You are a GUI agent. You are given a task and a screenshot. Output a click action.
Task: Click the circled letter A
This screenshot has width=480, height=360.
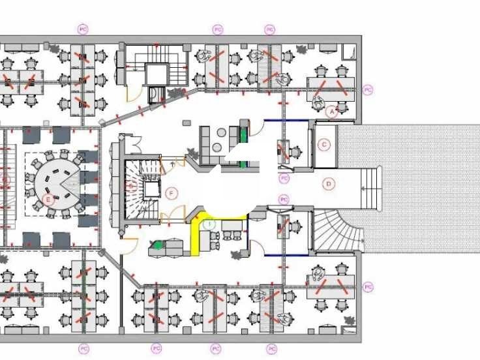pyautogui.click(x=331, y=112)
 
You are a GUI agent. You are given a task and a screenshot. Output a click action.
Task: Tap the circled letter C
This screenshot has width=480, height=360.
pyautogui.click(x=323, y=144)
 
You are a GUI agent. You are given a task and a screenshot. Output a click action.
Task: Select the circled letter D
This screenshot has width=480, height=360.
pyautogui.click(x=329, y=184)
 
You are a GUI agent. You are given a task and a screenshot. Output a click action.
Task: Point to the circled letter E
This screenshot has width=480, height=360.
pyautogui.click(x=47, y=198)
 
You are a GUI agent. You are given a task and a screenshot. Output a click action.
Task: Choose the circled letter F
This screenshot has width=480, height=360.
pyautogui.click(x=172, y=193)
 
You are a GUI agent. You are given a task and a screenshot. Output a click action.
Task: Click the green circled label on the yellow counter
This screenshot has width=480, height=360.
pyautogui.click(x=209, y=224)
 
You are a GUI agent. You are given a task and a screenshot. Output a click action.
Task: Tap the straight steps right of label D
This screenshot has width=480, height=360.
pyautogui.click(x=370, y=188)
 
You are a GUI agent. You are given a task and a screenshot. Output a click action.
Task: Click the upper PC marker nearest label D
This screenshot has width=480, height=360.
pyautogui.click(x=284, y=178)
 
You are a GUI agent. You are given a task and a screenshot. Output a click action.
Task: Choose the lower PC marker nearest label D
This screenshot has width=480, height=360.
pyautogui.click(x=284, y=199)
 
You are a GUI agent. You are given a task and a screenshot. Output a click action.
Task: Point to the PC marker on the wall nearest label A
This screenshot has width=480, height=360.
pyautogui.click(x=368, y=90)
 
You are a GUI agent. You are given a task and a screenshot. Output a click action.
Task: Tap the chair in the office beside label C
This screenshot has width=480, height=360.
pyautogui.click(x=295, y=153)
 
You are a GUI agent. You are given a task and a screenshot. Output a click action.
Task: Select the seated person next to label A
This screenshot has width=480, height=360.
pyautogui.click(x=319, y=101)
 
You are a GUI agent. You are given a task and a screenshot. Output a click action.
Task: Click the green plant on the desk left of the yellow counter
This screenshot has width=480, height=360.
pyautogui.click(x=158, y=246)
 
